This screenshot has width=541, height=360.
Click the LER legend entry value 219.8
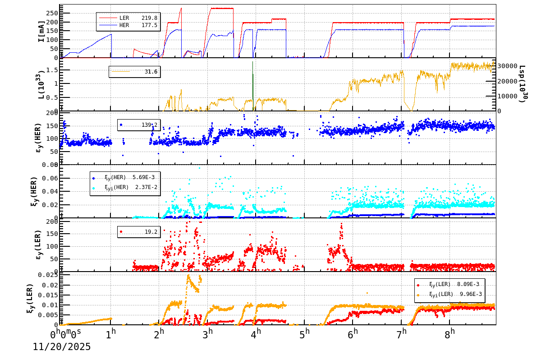(149, 18)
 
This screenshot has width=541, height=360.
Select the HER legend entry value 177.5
(149, 25)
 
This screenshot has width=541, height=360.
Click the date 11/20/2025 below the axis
(62, 347)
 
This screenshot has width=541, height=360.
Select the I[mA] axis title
(41, 31)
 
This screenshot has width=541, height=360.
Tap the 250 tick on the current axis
(52, 8)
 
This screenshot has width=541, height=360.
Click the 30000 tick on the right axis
(507, 66)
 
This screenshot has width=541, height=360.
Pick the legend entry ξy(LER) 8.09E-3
(455, 285)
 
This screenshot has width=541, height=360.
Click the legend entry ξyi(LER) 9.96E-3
(455, 294)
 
